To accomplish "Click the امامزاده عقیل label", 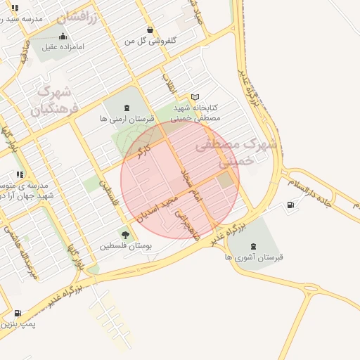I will (63, 47).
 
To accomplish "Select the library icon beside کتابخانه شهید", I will (195, 97).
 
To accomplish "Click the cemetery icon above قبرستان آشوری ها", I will (252, 246).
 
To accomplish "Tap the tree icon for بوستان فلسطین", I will (125, 235).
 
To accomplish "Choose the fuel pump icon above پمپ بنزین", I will (17, 313).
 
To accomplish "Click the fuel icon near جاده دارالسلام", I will (290, 205).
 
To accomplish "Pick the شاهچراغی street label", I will (186, 224).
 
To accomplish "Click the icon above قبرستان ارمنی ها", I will (126, 108).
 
